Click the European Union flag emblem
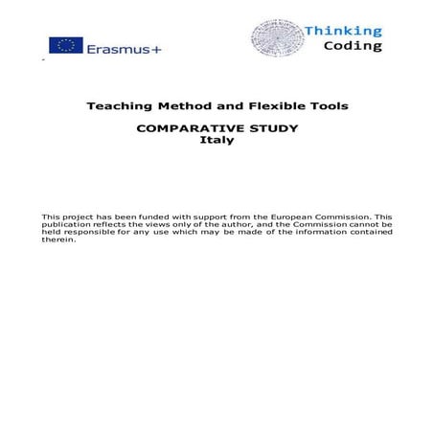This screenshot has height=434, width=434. [x=66, y=46]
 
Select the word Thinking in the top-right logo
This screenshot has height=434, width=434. [x=343, y=31]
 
